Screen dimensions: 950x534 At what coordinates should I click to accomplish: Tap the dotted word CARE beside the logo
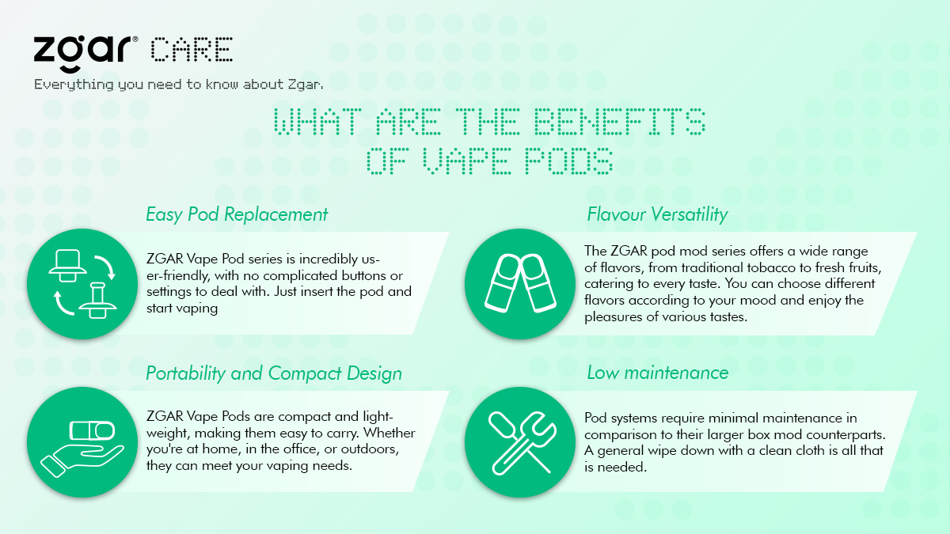192,50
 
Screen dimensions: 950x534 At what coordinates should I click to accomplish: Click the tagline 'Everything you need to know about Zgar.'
179,85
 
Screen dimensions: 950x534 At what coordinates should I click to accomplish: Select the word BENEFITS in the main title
619,121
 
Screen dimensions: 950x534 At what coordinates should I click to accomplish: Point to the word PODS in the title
568,161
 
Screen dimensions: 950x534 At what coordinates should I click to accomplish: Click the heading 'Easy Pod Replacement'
237,214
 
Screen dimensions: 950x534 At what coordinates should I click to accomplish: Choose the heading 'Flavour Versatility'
657,214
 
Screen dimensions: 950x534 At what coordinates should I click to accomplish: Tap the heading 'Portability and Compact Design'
274,373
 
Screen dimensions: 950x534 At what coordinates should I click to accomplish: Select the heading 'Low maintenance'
658,373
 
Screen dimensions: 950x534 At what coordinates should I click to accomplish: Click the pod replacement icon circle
82,283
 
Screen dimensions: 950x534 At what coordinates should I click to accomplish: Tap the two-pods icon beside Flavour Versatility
520,283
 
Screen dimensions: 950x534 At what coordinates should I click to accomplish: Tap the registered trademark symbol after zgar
135,40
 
